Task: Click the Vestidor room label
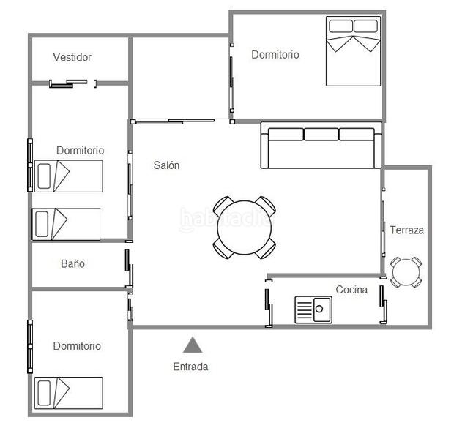pos(72,57)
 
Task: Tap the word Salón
pos(166,165)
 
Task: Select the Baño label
pos(72,263)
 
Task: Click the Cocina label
pos(351,290)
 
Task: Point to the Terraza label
pos(406,230)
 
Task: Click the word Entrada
pos(190,367)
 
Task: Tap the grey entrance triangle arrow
pos(193,345)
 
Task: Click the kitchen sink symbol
pos(313,309)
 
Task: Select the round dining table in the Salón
pos(245,227)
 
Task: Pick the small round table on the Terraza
pos(406,272)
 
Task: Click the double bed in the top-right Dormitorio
pos(354,51)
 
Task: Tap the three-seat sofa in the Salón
pos(321,145)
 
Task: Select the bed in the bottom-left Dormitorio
pos(68,393)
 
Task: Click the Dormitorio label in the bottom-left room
pos(77,346)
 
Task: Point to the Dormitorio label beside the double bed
pos(275,54)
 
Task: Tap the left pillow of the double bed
pos(340,26)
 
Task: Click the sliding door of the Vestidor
pos(73,83)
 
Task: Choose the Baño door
pos(129,269)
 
